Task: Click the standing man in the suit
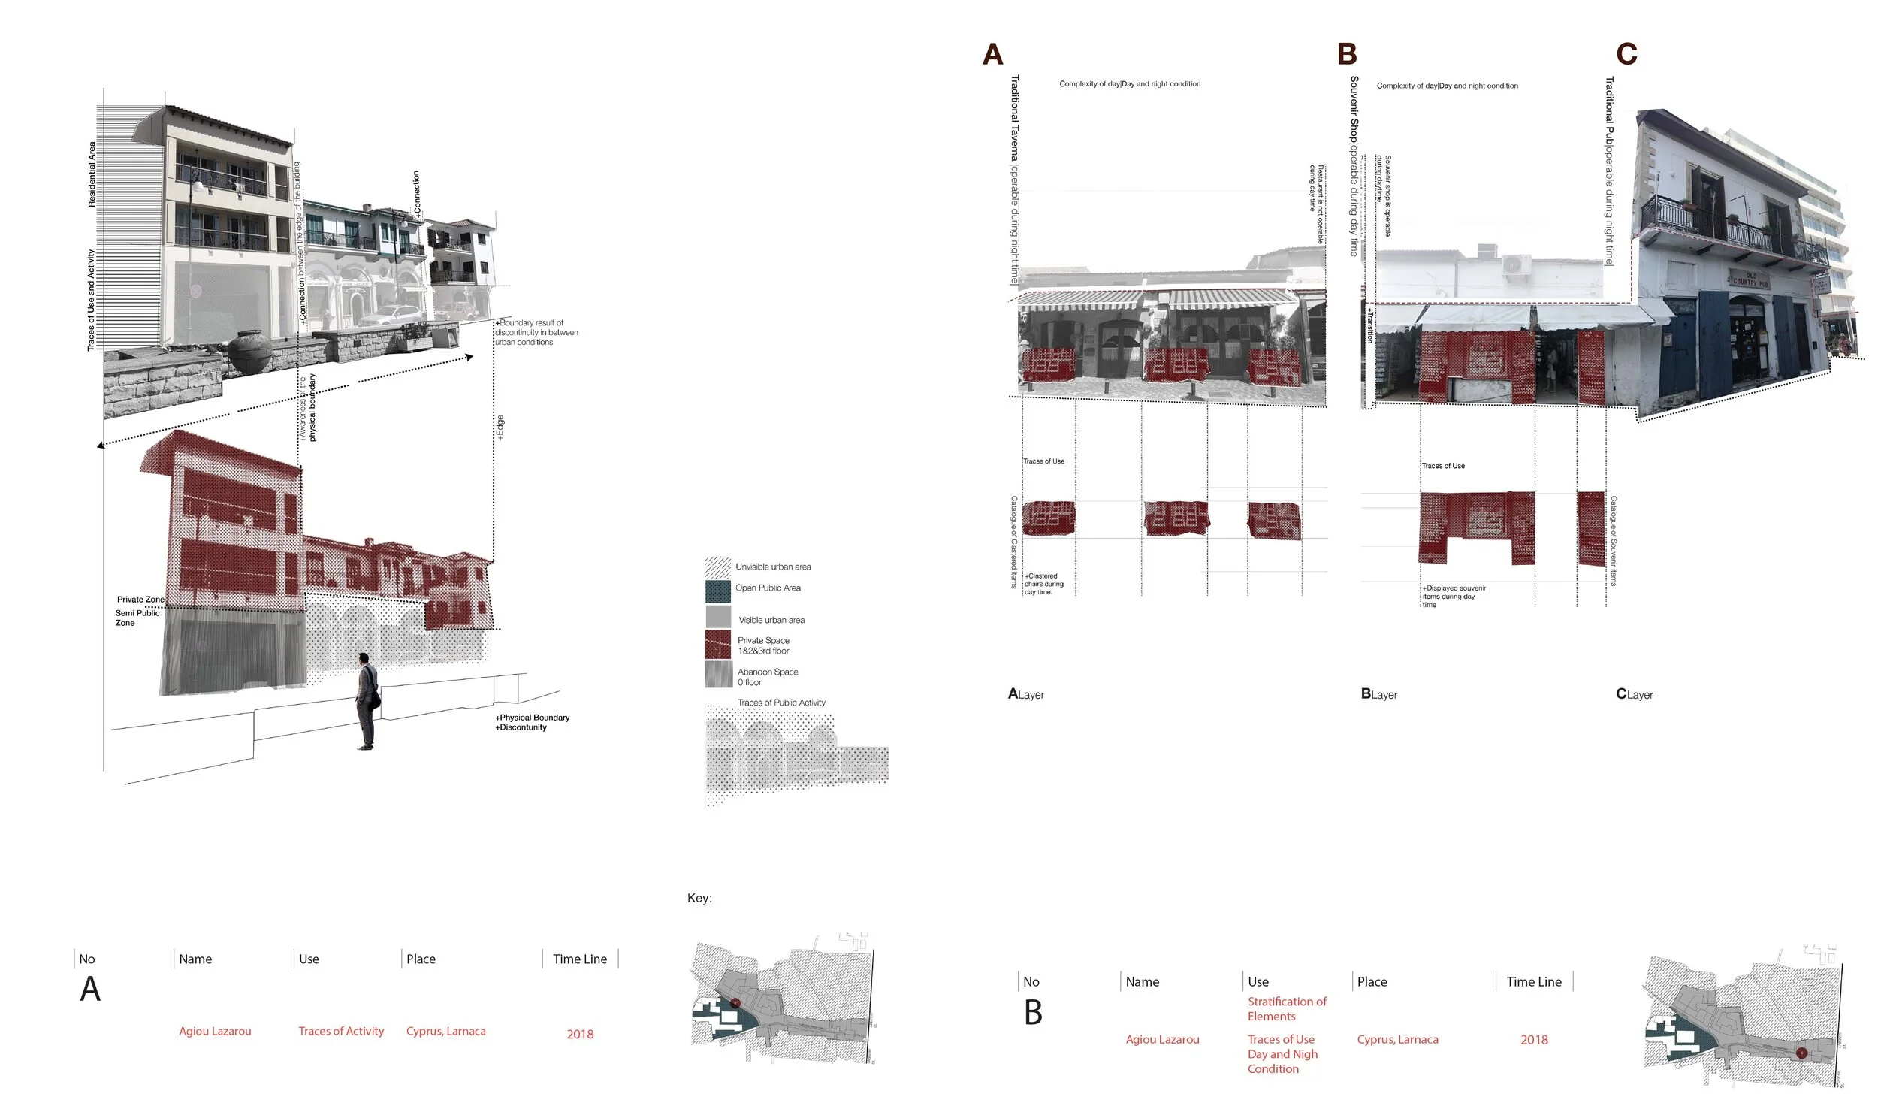tap(366, 701)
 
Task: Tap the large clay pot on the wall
tap(249, 352)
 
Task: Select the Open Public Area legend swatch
tap(717, 591)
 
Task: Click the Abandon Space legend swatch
tap(717, 674)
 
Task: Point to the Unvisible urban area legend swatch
tap(717, 567)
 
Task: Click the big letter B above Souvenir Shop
tap(1345, 54)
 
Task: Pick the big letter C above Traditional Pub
tap(1626, 54)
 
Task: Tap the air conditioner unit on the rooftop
tap(1516, 265)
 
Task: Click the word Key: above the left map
tap(699, 898)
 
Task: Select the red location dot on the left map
tap(735, 1003)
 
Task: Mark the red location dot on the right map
tap(1801, 1053)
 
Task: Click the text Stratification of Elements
tap(1286, 1009)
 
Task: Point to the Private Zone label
tap(140, 600)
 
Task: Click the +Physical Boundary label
tap(533, 718)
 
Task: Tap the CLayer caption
tap(1634, 693)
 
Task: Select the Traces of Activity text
tap(340, 1031)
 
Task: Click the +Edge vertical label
tap(500, 428)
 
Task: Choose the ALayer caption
tap(1025, 693)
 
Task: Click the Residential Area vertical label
tap(92, 174)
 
